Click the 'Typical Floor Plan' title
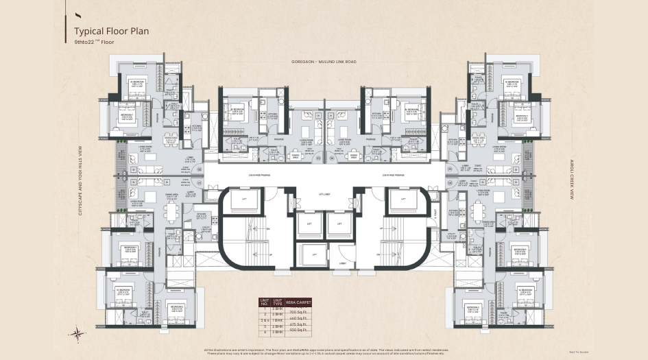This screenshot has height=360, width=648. click(111, 31)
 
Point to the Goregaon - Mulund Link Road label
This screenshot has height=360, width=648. click(324, 62)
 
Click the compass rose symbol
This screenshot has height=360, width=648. click(77, 334)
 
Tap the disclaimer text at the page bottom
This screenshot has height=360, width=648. click(324, 352)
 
